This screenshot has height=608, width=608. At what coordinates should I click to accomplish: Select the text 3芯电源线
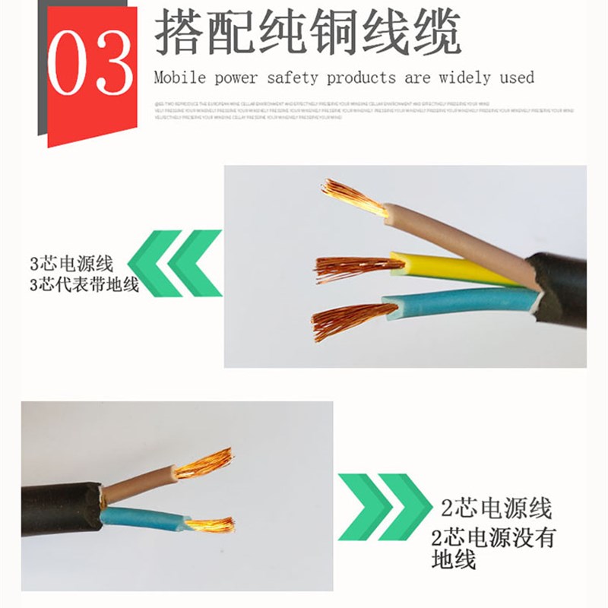click(x=71, y=264)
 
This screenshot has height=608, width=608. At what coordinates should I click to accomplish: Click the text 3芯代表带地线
click(x=84, y=286)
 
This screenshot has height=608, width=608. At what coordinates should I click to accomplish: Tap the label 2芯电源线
click(x=496, y=507)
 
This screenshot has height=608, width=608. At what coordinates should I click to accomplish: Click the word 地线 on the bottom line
click(x=453, y=562)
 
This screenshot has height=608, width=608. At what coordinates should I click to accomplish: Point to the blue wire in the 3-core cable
click(x=456, y=302)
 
